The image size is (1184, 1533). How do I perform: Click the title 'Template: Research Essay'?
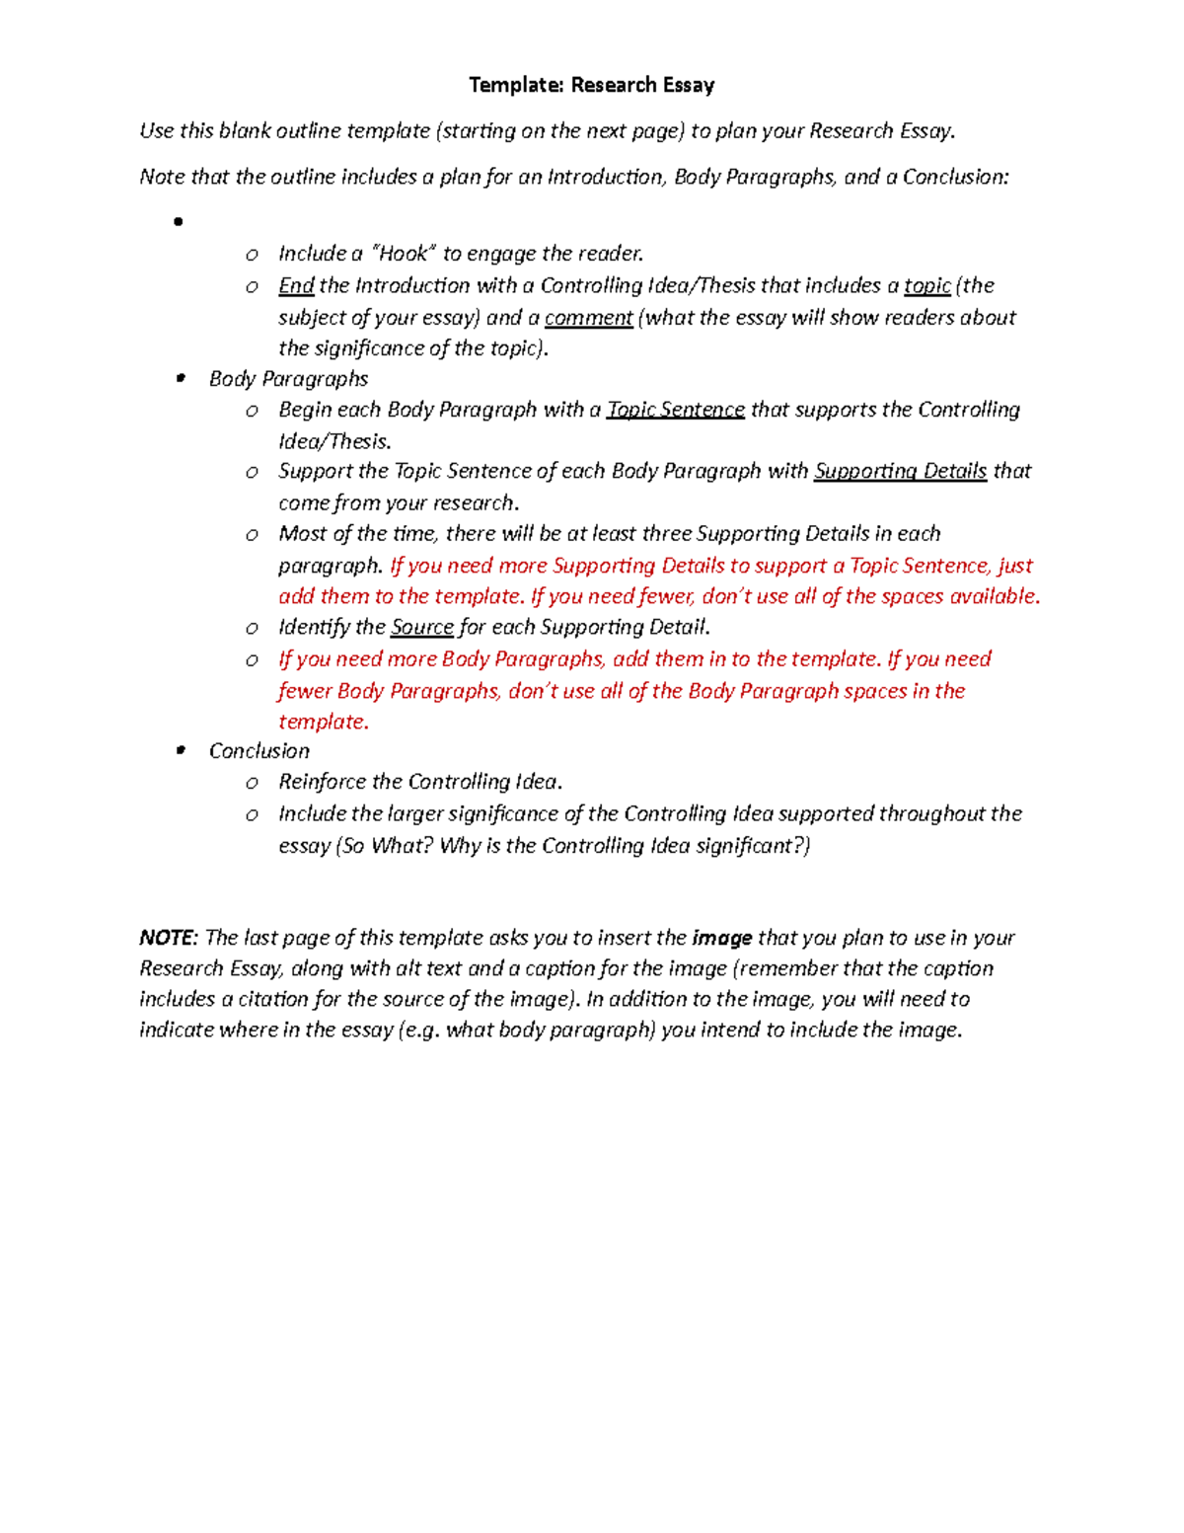591,85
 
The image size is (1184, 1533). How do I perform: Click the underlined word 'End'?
296,286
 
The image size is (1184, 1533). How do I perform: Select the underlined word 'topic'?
927,286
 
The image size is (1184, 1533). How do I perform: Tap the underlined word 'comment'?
588,318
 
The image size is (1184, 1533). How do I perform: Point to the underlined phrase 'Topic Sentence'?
676,410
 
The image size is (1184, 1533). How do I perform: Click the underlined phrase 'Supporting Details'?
900,472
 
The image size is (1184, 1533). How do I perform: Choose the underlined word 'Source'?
422,628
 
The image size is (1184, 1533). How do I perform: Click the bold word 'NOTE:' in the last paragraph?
169,938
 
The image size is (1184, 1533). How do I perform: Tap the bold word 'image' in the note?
722,938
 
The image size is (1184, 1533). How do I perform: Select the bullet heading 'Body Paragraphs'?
288,379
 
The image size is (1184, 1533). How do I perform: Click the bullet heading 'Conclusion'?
259,751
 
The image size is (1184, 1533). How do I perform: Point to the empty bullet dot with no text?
179,222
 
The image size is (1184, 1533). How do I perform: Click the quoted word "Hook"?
403,254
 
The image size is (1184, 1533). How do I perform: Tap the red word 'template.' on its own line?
324,722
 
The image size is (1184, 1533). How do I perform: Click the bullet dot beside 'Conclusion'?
180,751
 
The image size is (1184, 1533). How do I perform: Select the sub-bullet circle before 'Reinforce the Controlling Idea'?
253,783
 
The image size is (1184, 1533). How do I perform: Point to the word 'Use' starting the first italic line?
156,131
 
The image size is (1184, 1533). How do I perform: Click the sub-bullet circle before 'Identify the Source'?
253,629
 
